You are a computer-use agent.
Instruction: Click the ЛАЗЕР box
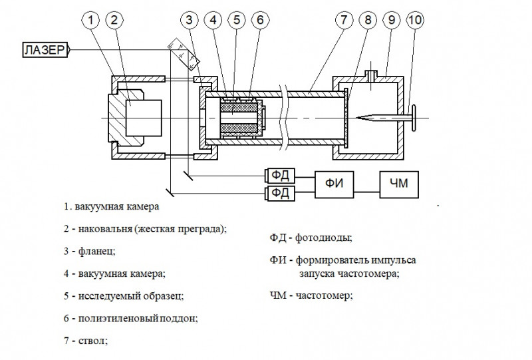(45, 51)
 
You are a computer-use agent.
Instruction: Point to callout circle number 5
(236, 21)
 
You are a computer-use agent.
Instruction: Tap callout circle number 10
(415, 21)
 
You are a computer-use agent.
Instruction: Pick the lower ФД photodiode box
(276, 194)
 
